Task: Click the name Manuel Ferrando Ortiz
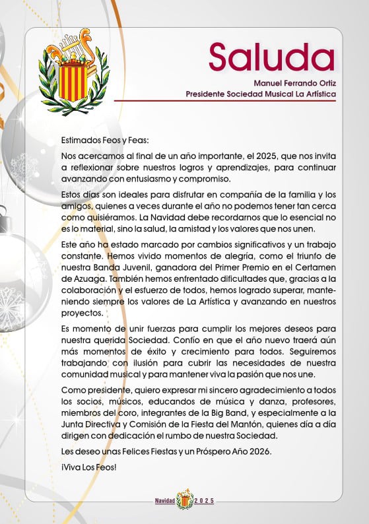(x=295, y=83)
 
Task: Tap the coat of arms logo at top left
(x=74, y=71)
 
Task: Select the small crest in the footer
(x=184, y=499)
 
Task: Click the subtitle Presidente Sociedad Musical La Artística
(x=261, y=94)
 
